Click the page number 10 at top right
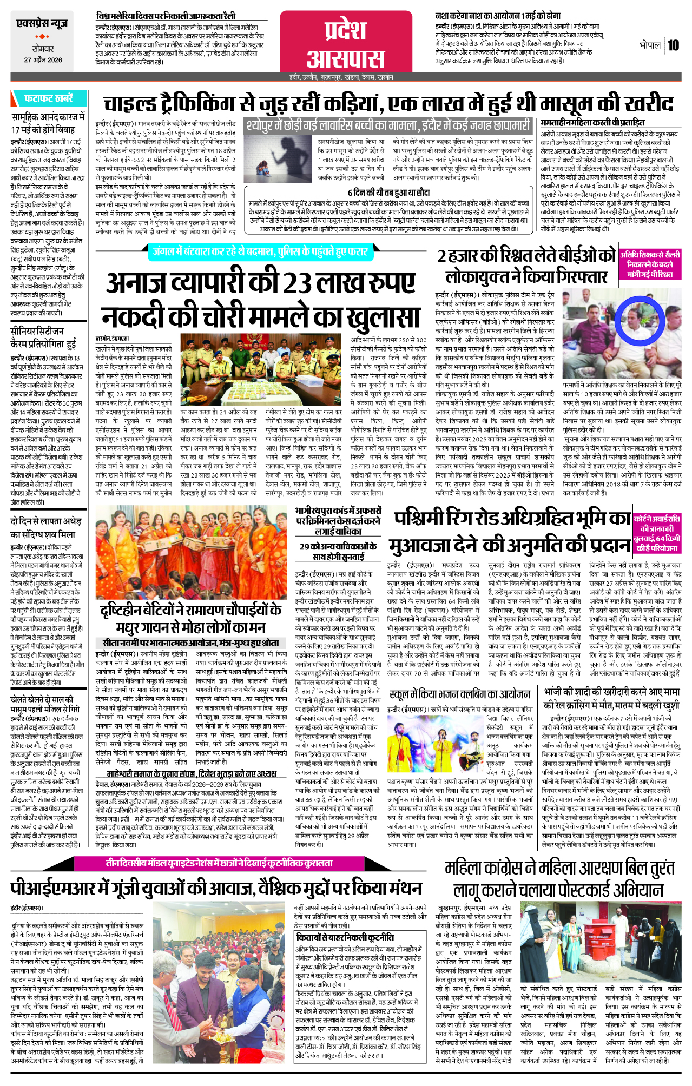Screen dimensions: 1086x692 click(673, 45)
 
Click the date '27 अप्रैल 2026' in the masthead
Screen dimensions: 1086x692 click(43, 60)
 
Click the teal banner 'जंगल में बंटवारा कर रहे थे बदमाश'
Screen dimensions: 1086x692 click(260, 251)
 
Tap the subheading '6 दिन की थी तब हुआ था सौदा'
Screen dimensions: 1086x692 click(388, 193)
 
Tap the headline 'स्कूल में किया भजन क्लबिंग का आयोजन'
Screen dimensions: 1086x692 click(459, 694)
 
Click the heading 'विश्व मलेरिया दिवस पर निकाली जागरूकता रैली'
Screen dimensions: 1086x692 click(166, 16)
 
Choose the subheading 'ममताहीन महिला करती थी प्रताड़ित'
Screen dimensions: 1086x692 click(592, 123)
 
